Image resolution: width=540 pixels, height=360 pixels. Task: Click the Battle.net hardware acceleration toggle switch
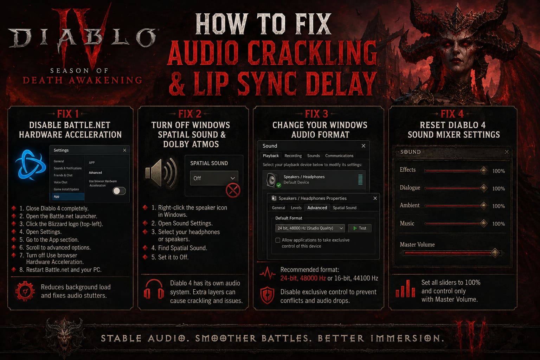point(119,191)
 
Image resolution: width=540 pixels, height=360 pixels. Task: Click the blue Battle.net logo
point(30,165)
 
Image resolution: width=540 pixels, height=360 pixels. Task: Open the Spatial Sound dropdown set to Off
point(214,178)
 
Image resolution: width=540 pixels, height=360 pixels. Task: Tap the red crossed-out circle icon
point(233,191)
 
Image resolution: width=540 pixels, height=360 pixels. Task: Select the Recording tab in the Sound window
point(293,156)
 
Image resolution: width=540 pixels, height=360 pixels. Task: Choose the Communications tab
point(339,156)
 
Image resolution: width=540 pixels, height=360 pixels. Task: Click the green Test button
point(360,228)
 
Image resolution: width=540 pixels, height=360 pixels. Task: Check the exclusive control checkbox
point(278,240)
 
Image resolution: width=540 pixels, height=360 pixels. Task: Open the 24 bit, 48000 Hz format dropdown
point(310,228)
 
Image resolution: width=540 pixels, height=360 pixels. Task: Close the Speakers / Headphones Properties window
point(375,198)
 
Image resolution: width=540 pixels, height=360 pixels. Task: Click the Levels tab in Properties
point(296,208)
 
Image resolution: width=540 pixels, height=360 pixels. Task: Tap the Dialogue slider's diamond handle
point(484,188)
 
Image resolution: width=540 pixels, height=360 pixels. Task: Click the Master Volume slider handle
point(495,253)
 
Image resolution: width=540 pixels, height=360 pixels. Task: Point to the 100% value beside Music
point(499,224)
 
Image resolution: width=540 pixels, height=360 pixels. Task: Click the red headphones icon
point(154,290)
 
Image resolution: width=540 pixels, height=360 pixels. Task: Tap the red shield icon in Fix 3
point(267,295)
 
